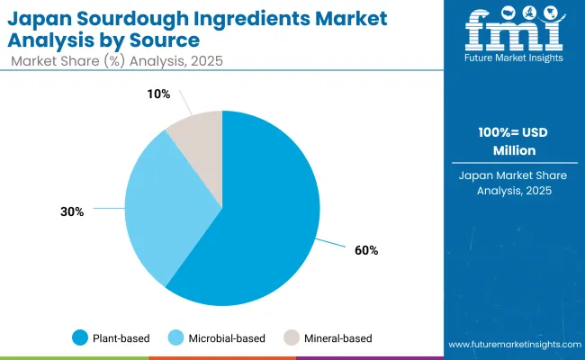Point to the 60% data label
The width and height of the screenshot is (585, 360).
366,250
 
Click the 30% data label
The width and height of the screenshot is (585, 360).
72,211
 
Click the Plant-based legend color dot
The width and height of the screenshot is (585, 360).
80,337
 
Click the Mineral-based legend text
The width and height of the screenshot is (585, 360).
339,337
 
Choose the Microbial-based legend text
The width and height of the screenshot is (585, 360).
229,337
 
